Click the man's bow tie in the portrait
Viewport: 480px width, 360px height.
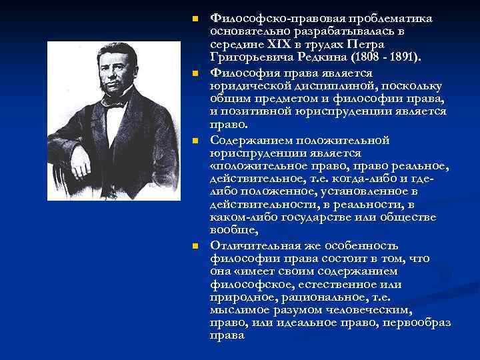[x=115, y=102]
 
